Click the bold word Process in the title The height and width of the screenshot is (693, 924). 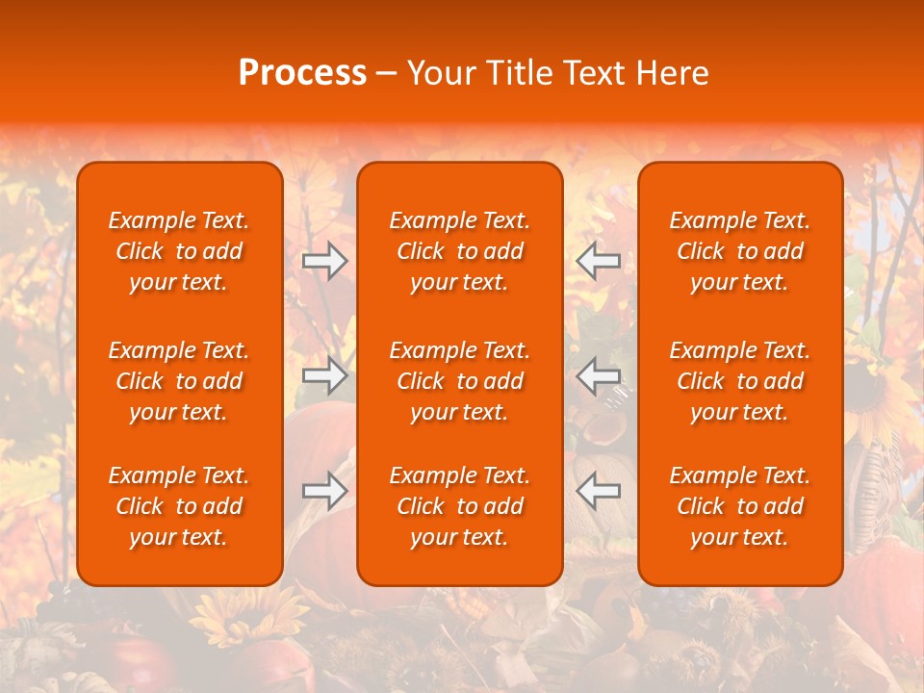tap(302, 73)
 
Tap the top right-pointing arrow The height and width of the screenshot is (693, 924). tap(324, 261)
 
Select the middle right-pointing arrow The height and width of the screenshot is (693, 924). tap(324, 375)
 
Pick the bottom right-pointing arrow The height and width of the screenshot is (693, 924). tap(324, 492)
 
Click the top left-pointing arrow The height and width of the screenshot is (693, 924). tap(598, 261)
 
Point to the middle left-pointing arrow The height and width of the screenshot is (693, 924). tap(598, 375)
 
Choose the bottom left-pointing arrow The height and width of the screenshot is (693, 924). tap(598, 492)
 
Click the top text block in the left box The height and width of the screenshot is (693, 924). tap(179, 251)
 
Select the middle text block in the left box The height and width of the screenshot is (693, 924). tap(179, 381)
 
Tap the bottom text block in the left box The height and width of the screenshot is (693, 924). tap(179, 506)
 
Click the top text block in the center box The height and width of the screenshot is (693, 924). tap(459, 251)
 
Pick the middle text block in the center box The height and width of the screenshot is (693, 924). tap(459, 381)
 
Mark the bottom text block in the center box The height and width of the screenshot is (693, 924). tap(459, 506)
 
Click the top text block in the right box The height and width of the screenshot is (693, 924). tap(739, 251)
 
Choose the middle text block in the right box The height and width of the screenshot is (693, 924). tap(739, 381)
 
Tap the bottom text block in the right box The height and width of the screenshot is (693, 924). tap(739, 506)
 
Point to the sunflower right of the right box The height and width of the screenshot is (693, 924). tap(881, 385)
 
